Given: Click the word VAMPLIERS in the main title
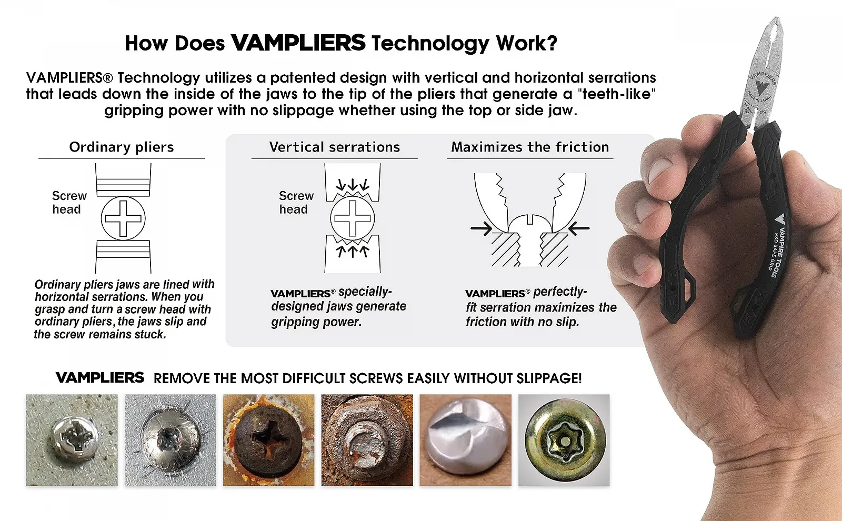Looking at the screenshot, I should pos(298,43).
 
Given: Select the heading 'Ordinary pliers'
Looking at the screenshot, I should pos(122,147).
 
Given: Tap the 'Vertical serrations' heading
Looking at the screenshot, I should pos(335,147).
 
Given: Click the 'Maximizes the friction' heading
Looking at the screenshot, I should pos(530,147).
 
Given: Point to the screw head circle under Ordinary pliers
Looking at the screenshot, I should pos(123,218).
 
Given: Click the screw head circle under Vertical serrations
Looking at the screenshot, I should pos(353,218).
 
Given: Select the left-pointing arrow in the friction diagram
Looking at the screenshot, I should pos(579,228).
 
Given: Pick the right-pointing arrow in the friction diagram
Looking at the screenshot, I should pos(481,228).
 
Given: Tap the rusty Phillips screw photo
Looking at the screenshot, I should pos(268,440).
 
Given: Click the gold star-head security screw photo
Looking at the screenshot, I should pos(564,440).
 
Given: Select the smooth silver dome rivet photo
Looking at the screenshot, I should pos(465,440).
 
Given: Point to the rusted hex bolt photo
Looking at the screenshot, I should pos(367,440).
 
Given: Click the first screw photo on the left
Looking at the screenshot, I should pos(72,440).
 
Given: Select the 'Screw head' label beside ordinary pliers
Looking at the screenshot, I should pos(68,203).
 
